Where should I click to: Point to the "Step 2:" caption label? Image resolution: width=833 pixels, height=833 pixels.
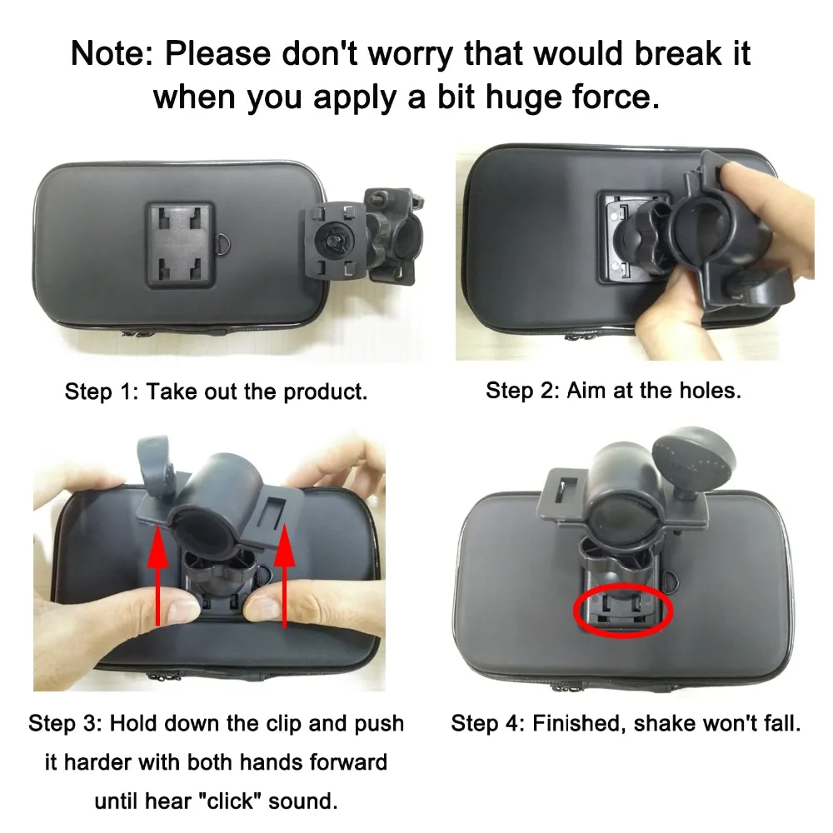(x=522, y=390)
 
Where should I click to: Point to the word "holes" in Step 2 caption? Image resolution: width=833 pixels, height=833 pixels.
(x=707, y=390)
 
